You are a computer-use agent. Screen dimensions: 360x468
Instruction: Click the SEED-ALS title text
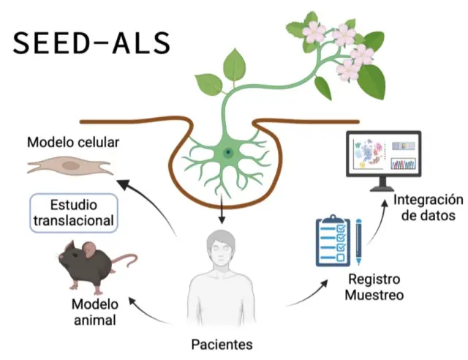pyautogui.click(x=92, y=44)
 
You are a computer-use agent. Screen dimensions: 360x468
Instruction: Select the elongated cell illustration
pyautogui.click(x=70, y=167)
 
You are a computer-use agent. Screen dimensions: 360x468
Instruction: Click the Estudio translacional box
pyautogui.click(x=74, y=212)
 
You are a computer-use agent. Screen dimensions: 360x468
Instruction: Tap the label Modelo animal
pyautogui.click(x=94, y=311)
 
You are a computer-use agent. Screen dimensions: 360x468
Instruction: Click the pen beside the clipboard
pyautogui.click(x=359, y=241)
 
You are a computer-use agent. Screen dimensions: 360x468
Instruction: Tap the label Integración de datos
pyautogui.click(x=428, y=207)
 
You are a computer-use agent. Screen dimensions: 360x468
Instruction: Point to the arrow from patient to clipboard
pyautogui.click(x=307, y=293)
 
